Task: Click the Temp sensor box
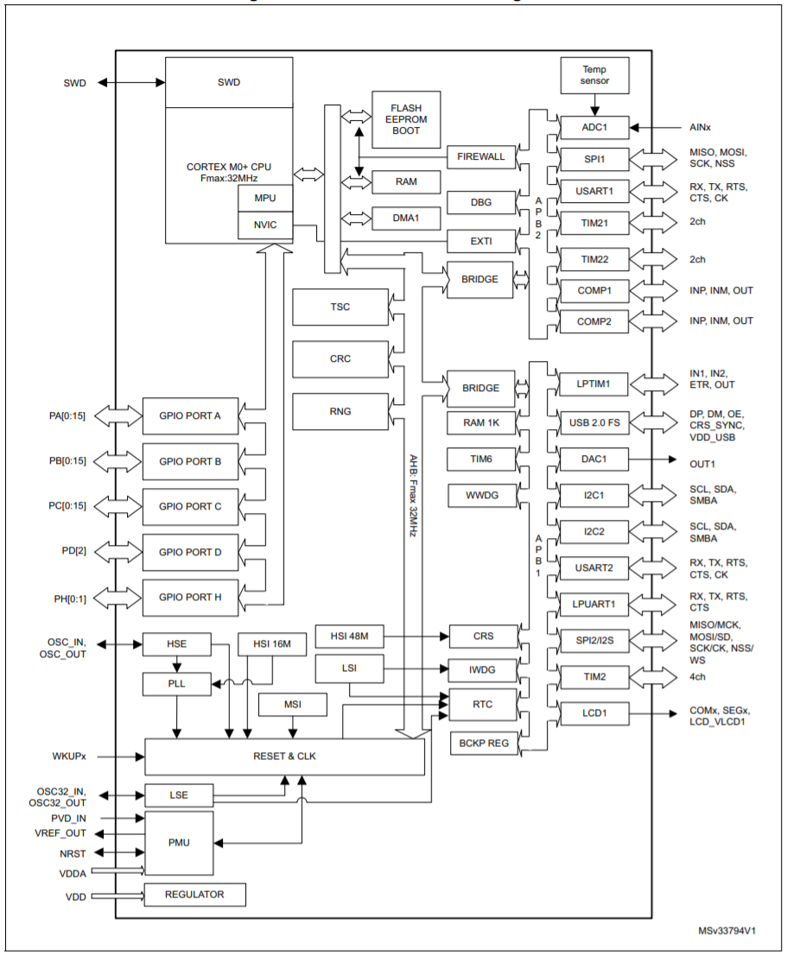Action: coord(594,76)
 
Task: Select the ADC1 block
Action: coord(593,127)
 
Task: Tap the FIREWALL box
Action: coord(481,156)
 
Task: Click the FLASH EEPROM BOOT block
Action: coord(406,119)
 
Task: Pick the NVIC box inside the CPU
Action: coord(265,225)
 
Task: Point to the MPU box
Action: coord(265,198)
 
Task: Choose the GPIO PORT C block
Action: coord(190,506)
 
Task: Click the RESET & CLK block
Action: coord(284,757)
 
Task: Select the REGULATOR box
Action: coord(194,895)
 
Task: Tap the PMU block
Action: coord(180,842)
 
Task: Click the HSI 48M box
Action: coord(350,636)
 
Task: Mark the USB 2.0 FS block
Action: coord(593,422)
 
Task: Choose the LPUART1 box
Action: coord(593,604)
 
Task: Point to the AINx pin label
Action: coord(700,127)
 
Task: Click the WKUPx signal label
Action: coord(69,757)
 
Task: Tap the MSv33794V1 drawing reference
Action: coord(727,931)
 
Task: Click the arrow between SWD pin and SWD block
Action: coord(131,83)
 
